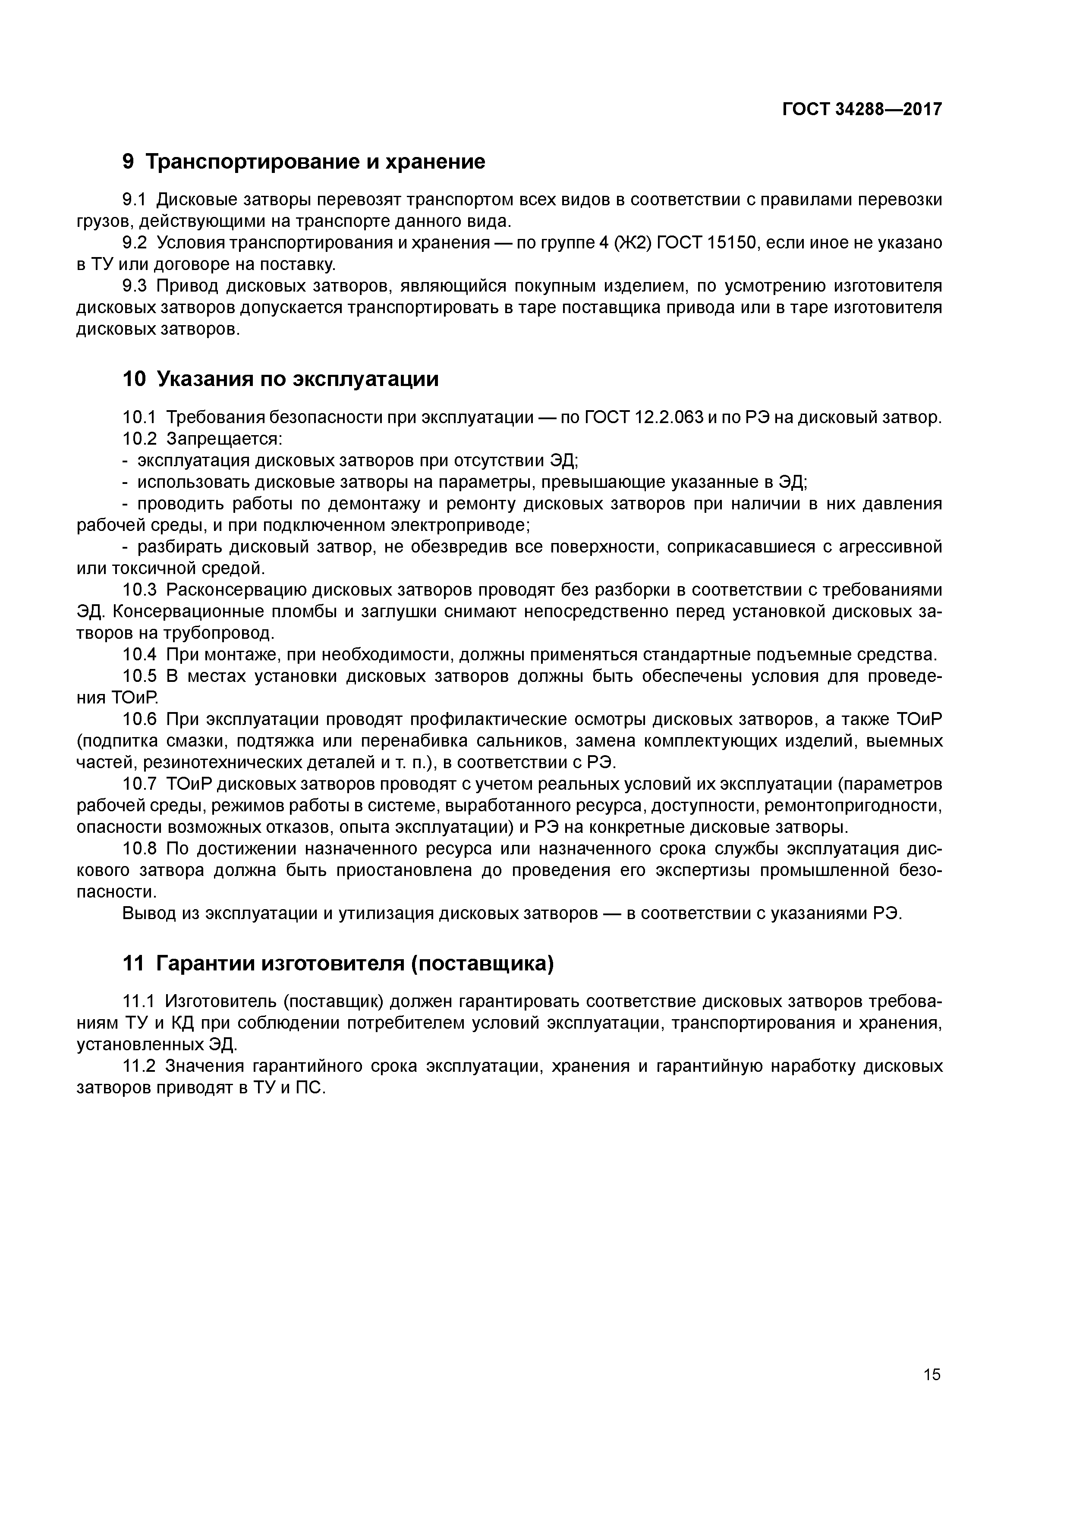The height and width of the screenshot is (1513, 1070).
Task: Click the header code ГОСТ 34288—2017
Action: click(x=862, y=110)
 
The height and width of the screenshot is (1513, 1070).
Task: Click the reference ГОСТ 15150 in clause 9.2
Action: click(x=709, y=243)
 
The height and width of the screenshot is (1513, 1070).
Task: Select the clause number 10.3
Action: click(x=140, y=590)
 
